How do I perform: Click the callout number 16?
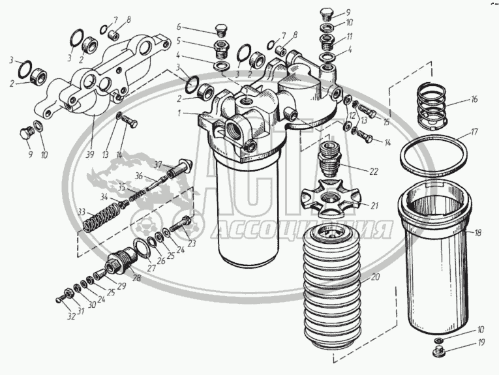pos(474,100)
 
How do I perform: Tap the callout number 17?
pos(474,131)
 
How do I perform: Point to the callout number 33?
pos(82,212)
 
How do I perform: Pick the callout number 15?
pos(386,122)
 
